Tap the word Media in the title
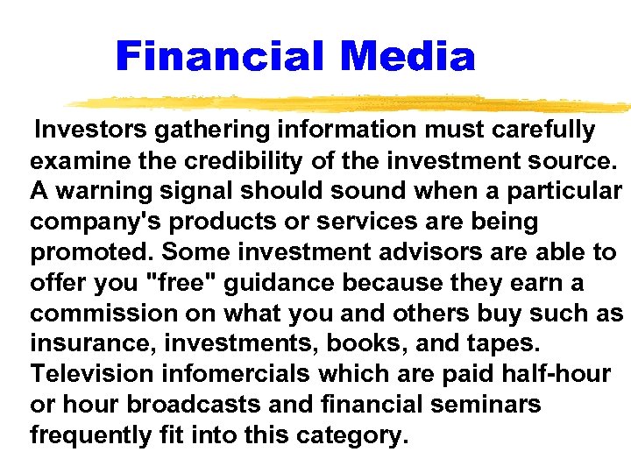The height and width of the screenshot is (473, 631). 408,57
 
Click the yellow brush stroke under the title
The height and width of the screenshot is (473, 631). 351,102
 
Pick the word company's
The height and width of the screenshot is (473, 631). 83,222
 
